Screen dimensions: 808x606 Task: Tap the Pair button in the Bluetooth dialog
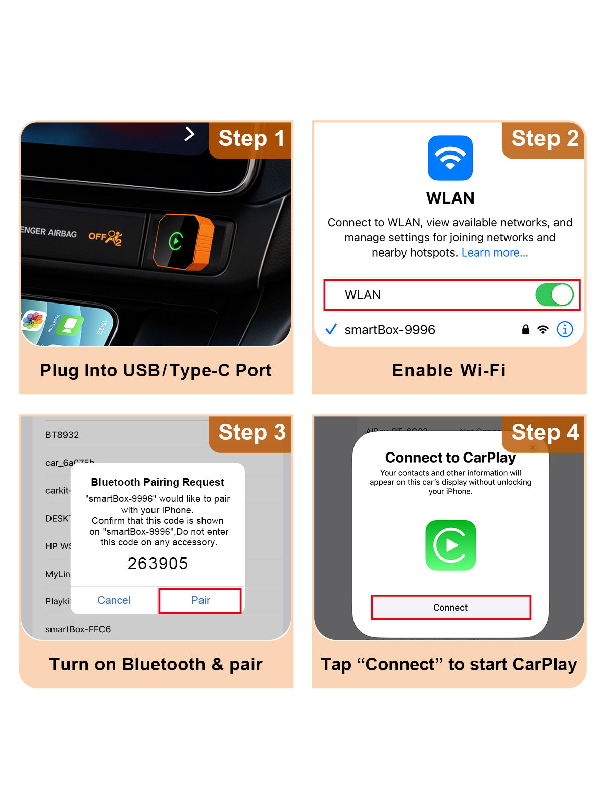click(200, 600)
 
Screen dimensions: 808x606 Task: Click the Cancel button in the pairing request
click(114, 600)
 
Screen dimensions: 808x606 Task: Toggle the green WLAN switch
click(554, 295)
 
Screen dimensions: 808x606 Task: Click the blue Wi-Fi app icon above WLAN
click(450, 158)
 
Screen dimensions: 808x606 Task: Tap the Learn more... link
click(494, 252)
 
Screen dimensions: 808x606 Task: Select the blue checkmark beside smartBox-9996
click(331, 330)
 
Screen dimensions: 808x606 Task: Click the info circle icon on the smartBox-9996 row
click(565, 329)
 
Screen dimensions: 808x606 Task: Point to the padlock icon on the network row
click(526, 330)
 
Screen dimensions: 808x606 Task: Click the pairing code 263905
click(158, 563)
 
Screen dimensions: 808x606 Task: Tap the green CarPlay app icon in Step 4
click(450, 545)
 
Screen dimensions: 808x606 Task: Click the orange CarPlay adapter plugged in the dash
click(184, 241)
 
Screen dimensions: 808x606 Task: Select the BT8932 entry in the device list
click(62, 435)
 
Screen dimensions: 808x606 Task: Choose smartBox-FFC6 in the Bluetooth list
click(78, 629)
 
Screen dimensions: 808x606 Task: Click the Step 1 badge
click(251, 139)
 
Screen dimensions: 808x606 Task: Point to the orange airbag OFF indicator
click(106, 236)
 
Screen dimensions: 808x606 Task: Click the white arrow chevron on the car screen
click(189, 134)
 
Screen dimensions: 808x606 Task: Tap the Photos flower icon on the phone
click(33, 321)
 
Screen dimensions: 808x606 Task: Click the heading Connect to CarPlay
click(450, 458)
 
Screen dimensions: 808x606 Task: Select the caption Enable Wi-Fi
click(449, 370)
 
